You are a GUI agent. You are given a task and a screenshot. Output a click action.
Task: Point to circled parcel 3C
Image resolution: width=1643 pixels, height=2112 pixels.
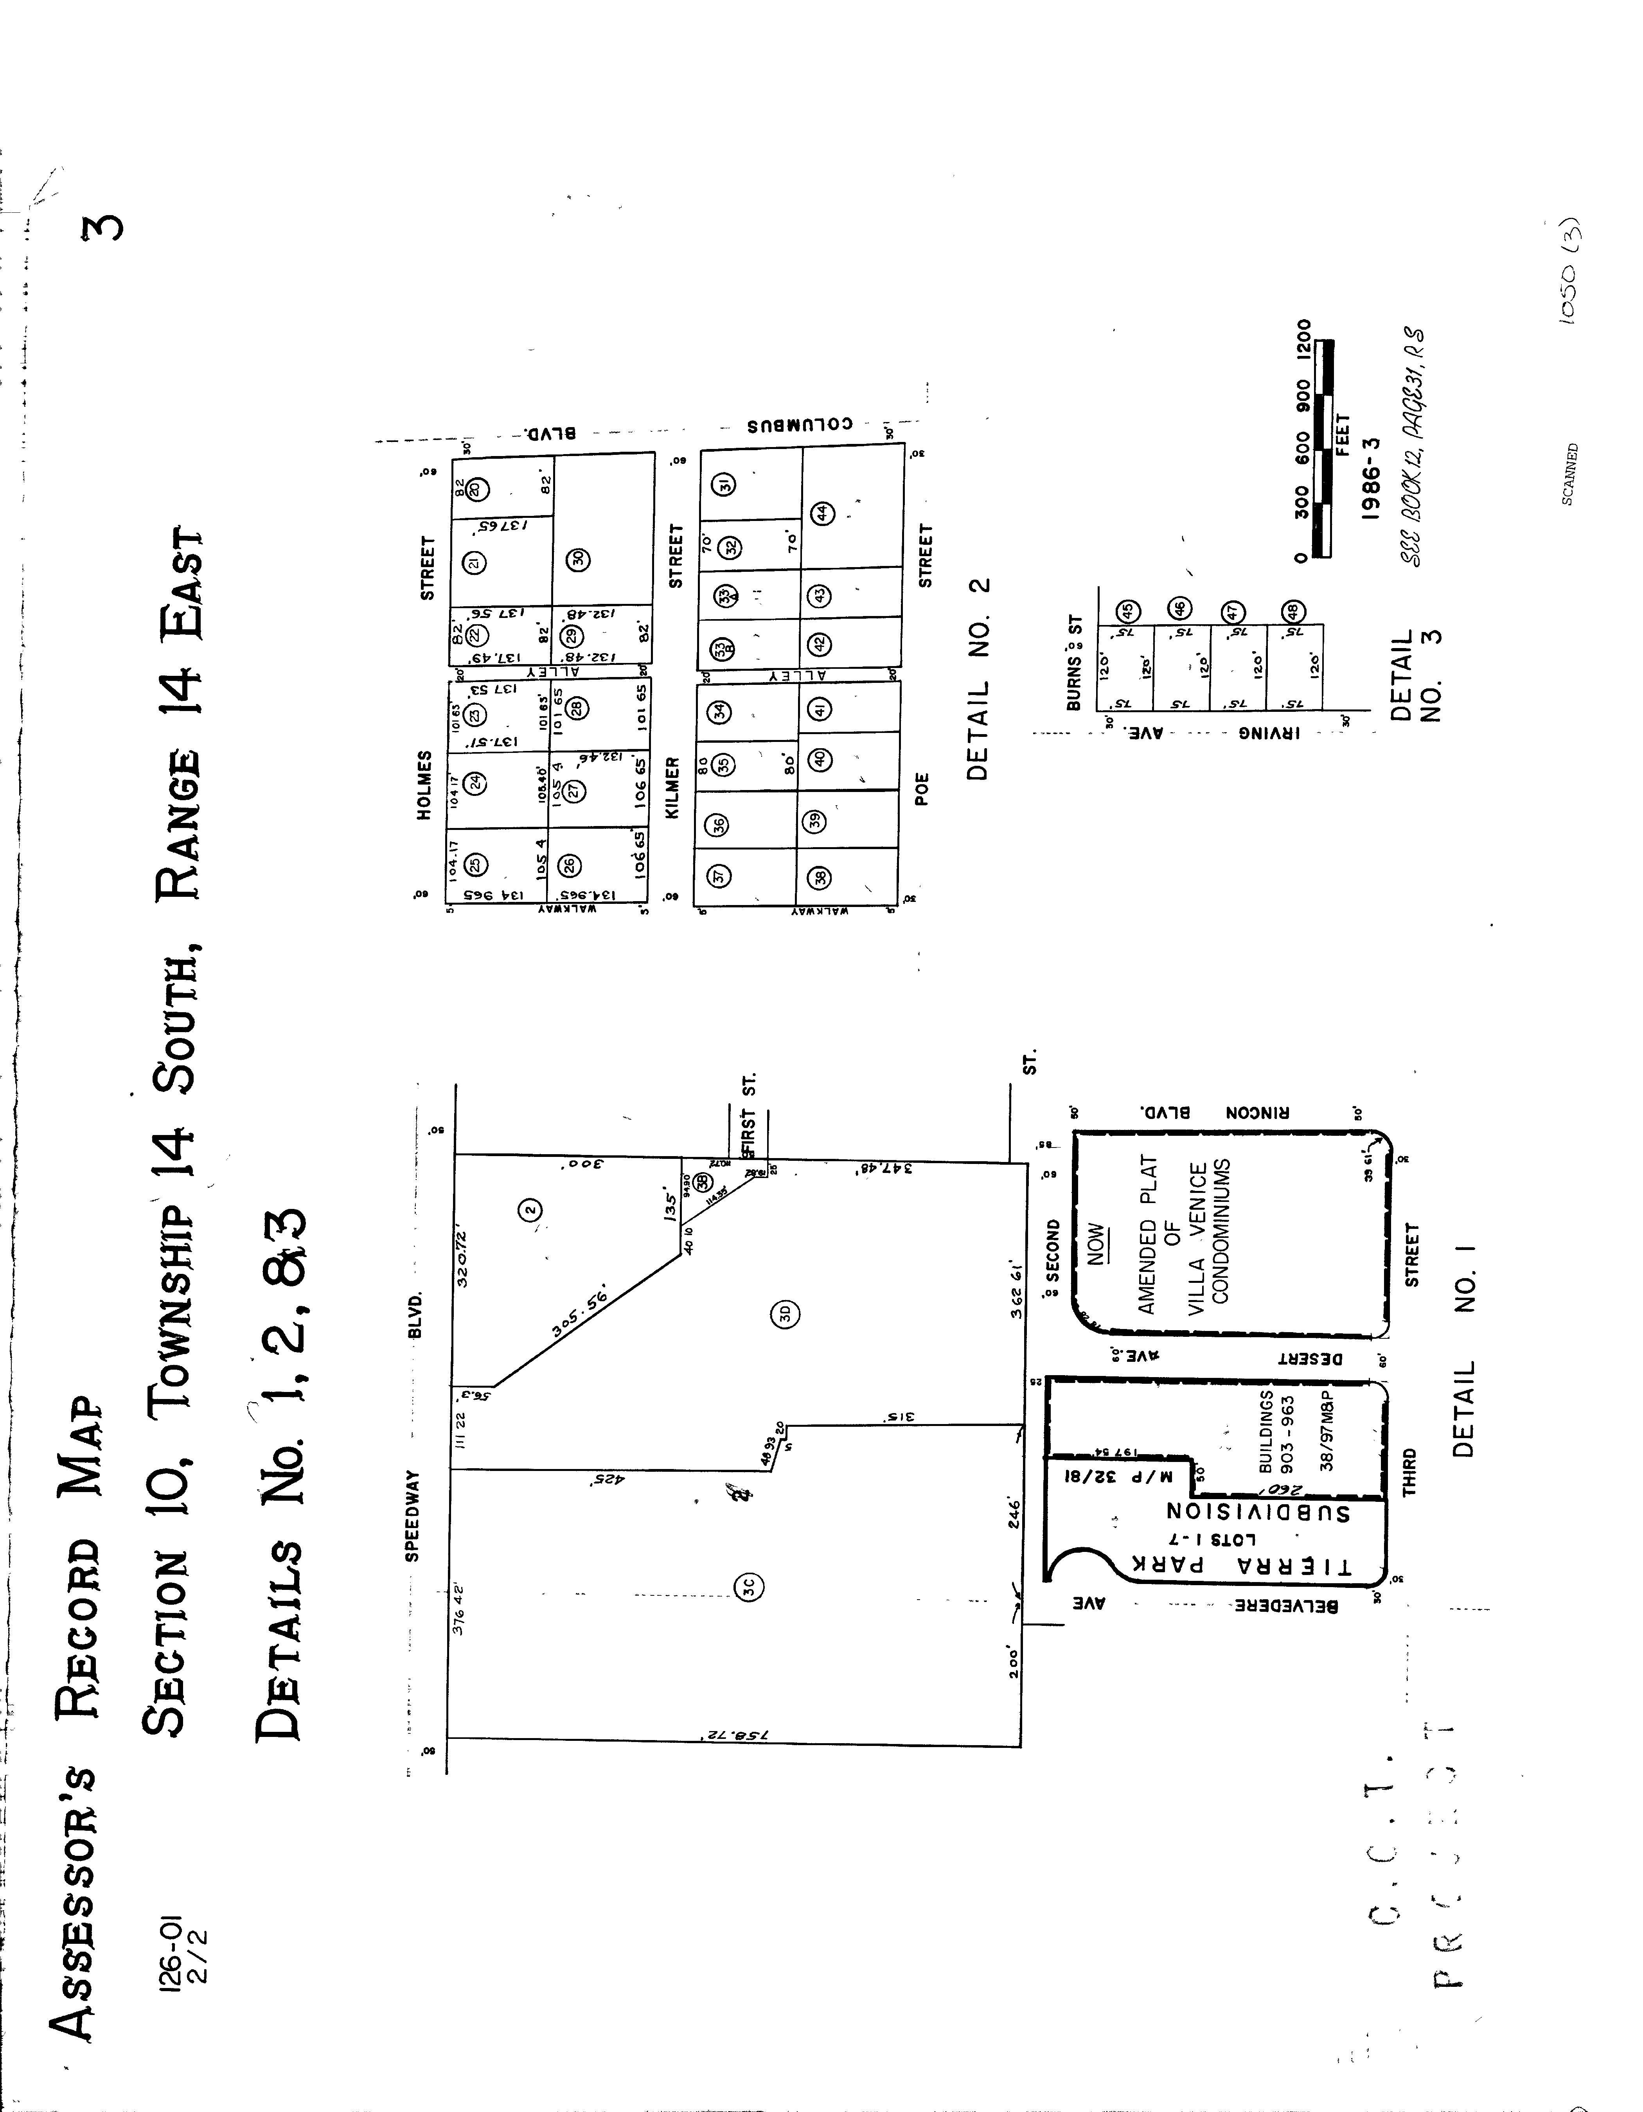pos(750,1586)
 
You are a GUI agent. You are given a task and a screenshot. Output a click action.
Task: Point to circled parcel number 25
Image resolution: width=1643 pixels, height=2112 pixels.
pos(474,864)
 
